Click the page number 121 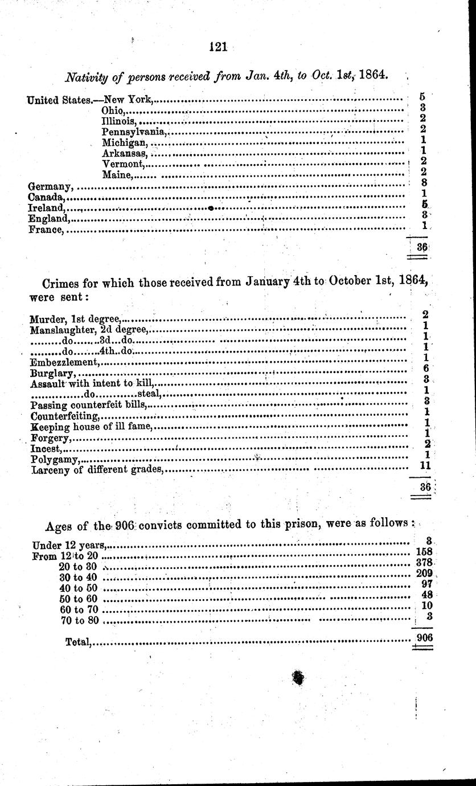click(218, 47)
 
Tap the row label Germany click(50, 186)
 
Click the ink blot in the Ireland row click(211, 208)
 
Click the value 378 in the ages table click(424, 563)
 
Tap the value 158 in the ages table click(424, 552)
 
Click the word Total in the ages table click(79, 642)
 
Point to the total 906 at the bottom click(424, 637)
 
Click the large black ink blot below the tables click(297, 677)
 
